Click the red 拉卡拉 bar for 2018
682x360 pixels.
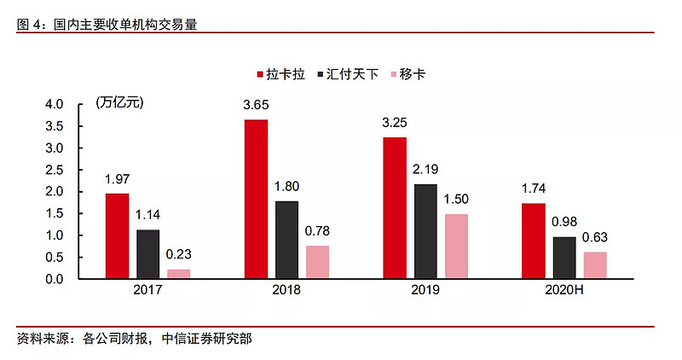click(x=256, y=199)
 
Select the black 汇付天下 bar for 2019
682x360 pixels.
click(x=425, y=231)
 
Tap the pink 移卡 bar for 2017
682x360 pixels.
click(x=179, y=274)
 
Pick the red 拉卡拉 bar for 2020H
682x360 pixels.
click(x=533, y=241)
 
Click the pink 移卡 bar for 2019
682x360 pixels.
click(x=456, y=246)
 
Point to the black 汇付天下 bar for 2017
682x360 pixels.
click(x=148, y=254)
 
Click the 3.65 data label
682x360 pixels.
click(x=256, y=105)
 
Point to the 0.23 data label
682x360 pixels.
click(x=179, y=254)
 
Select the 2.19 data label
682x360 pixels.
click(x=425, y=170)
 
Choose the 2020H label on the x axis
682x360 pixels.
click(x=564, y=291)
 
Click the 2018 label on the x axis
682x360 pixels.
click(x=286, y=291)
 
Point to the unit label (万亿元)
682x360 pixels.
click(x=120, y=104)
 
